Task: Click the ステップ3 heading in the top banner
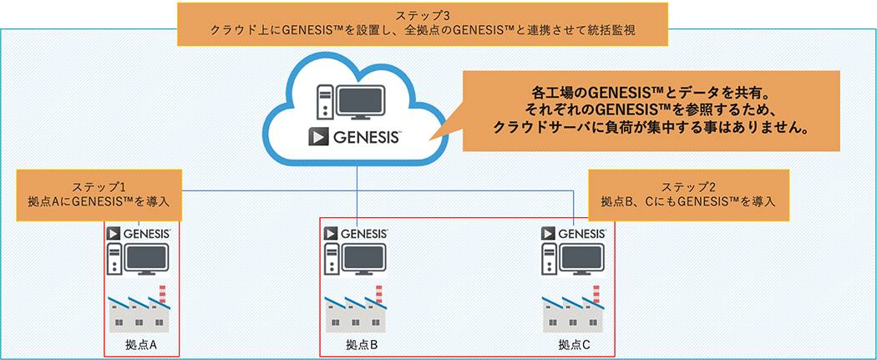tap(423, 14)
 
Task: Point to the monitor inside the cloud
tap(359, 101)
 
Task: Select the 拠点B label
tap(362, 343)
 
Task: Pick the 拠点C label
tap(575, 343)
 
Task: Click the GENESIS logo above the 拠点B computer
tap(356, 232)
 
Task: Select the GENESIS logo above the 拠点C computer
tap(571, 232)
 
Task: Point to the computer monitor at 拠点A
tap(148, 260)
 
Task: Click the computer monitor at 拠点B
tap(363, 260)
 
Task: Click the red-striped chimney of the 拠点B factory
tap(380, 294)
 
